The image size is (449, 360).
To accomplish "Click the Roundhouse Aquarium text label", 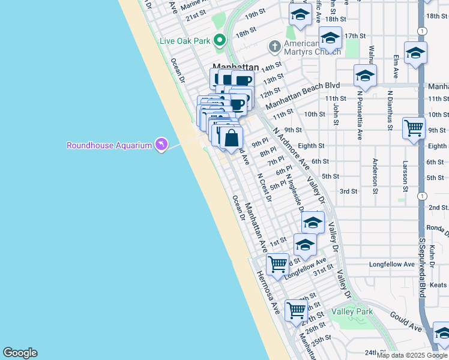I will tap(109, 145).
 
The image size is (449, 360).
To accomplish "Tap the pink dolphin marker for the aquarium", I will tap(161, 145).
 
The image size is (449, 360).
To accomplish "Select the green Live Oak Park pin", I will tap(220, 41).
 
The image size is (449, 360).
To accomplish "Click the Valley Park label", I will tap(352, 311).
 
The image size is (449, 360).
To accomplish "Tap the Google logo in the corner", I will tap(20, 353).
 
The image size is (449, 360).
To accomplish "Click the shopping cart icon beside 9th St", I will tap(414, 128).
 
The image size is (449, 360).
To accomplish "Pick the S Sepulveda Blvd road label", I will tap(423, 267).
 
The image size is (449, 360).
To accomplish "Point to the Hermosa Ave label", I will tap(268, 292).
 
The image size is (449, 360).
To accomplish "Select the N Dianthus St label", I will tap(390, 115).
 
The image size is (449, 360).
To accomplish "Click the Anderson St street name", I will tap(375, 173).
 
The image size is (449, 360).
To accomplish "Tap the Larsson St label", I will tap(406, 176).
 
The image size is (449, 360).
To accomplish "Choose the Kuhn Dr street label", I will tap(432, 250).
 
